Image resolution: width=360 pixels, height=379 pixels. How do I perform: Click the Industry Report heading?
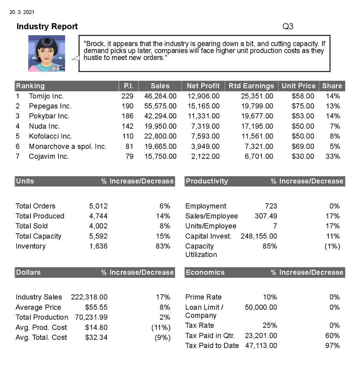pos(47,27)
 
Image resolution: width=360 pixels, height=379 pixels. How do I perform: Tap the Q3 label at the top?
pos(288,27)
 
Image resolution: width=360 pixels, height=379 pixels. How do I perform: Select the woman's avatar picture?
pos(46,53)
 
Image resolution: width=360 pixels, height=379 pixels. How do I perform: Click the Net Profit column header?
pos(203,86)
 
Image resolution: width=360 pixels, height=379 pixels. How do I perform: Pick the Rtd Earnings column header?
pos(251,86)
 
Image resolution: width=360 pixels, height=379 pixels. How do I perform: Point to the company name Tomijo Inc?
pos(46,96)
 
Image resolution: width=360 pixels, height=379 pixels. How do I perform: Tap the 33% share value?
pos(332,156)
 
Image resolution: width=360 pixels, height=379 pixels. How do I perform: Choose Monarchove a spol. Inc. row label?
pos(67,146)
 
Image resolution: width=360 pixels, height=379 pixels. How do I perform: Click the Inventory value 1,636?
pos(98,246)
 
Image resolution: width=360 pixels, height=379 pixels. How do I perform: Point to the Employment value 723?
pos(271,206)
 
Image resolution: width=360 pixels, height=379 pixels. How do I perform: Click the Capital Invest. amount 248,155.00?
pos(258,236)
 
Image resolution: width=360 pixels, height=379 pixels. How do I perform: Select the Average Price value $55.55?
pos(96,307)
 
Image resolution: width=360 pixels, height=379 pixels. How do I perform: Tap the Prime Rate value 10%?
pos(270,297)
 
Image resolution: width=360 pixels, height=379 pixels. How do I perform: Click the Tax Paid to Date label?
pos(212,345)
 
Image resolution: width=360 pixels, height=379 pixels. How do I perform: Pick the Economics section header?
pos(205,273)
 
